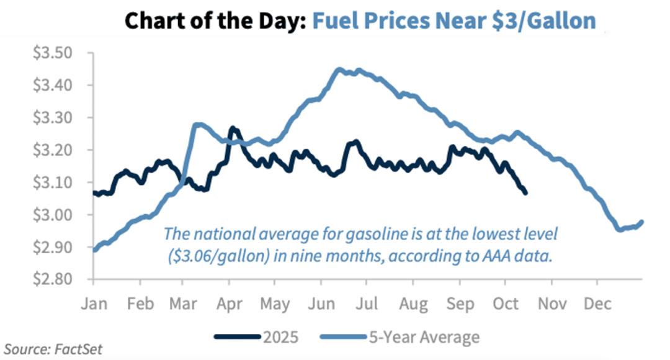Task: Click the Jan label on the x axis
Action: tap(93, 304)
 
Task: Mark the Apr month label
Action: tap(230, 304)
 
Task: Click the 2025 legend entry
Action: tap(256, 338)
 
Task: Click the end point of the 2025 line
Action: tap(525, 193)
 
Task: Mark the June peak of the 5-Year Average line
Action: tap(339, 70)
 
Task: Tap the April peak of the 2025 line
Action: tap(233, 128)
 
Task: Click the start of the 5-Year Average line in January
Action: tap(94, 250)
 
